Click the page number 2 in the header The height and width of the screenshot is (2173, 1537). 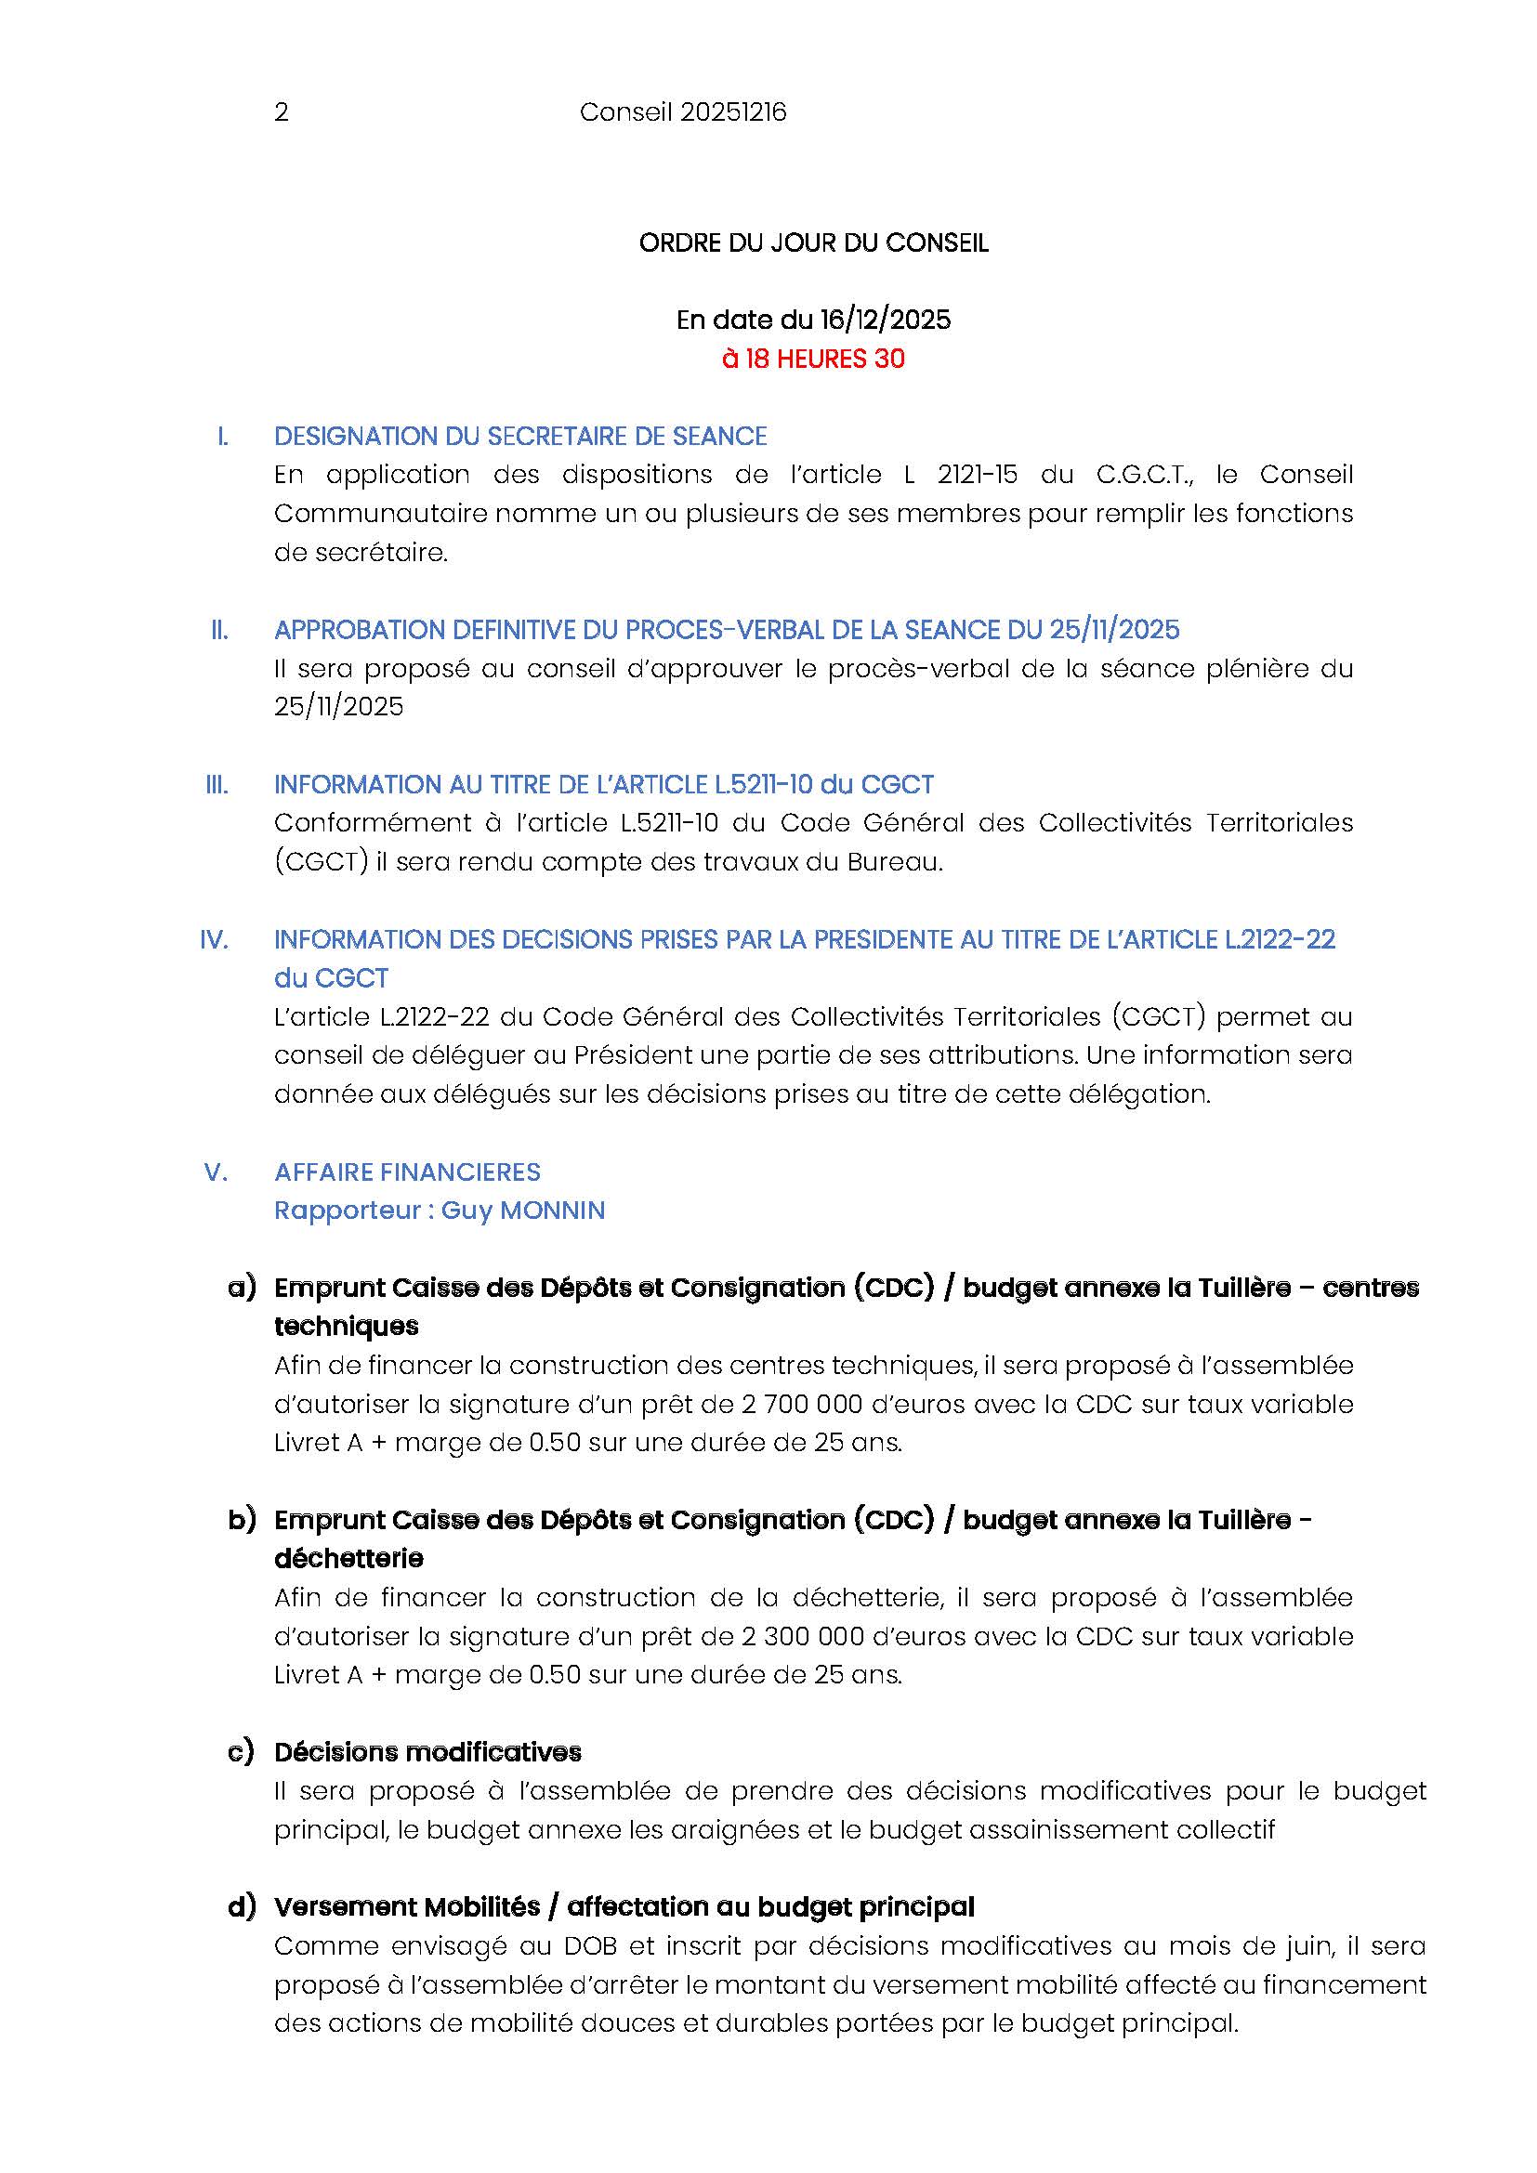[281, 113]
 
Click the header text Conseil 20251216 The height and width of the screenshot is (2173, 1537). [682, 113]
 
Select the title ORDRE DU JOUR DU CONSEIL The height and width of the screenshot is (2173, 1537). [813, 243]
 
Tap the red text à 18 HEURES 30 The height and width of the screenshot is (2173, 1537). [813, 360]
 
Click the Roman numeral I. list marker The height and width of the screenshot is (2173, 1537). [222, 437]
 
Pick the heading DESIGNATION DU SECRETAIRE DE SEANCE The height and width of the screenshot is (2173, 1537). [519, 437]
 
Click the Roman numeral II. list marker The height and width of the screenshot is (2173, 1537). [219, 630]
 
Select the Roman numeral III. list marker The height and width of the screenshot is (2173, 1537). [217, 785]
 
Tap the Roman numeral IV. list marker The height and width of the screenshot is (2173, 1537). [214, 940]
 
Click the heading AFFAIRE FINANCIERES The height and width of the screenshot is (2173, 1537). [407, 1172]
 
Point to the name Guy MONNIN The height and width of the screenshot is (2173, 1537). [522, 1211]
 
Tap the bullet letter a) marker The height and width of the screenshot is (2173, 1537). [242, 1288]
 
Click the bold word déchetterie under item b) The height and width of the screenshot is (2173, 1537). [348, 1559]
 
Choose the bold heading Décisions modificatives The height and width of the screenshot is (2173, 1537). [427, 1752]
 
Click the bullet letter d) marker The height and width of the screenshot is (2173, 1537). [242, 1907]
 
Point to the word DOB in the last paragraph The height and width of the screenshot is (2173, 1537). [591, 1946]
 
